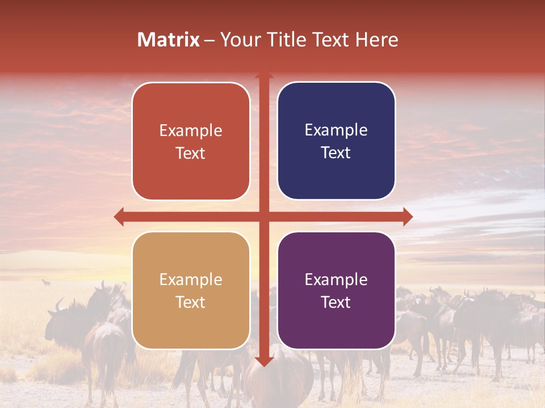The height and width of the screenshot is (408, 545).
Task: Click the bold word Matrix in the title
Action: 169,40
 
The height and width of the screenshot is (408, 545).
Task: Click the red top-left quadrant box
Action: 191,142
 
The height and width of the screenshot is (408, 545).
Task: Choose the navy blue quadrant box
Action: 336,141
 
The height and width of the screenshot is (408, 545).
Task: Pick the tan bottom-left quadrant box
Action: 191,291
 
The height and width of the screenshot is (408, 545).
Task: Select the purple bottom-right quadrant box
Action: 336,291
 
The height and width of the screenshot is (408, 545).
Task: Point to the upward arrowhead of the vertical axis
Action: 263,76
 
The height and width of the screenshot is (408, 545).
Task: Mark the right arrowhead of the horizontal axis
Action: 407,216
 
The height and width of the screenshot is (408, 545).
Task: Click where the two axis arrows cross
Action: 263,216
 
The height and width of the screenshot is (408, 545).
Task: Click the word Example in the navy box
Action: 336,130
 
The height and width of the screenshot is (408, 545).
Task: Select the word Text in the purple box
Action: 336,302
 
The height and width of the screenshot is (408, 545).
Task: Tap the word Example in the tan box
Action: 191,279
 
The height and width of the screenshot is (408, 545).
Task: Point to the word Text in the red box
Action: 191,153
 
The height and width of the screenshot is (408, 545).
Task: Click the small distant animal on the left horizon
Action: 46,282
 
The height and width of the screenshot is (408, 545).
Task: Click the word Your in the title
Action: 238,40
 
